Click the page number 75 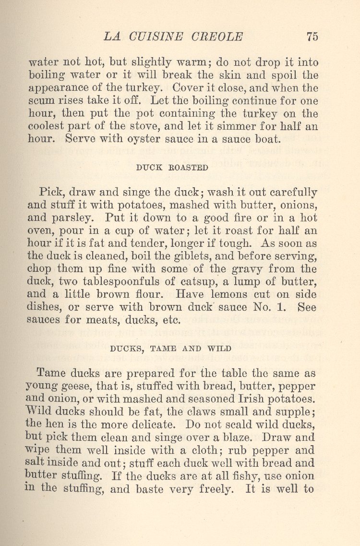(x=312, y=36)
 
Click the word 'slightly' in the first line (x=150, y=63)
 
